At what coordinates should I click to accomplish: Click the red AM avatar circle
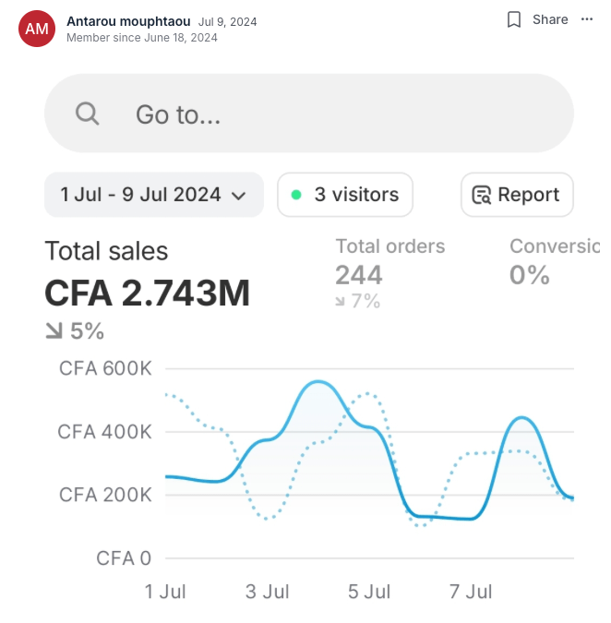point(37,29)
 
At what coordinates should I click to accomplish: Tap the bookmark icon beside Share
point(514,19)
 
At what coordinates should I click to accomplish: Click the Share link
point(550,19)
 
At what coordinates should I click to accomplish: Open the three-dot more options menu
point(587,19)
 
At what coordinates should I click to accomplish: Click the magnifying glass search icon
point(87,114)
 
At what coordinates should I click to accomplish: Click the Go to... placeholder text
point(178,114)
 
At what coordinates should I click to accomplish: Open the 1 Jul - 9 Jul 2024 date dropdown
point(154,195)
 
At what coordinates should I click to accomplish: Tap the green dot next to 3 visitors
point(296,195)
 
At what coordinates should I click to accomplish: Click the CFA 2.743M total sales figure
point(147,293)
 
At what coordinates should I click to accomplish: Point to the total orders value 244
point(359,275)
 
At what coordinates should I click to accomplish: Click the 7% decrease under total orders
point(358,301)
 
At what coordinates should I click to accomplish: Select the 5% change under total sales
point(75,331)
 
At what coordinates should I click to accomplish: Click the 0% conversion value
point(530,275)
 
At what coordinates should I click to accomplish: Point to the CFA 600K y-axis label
point(105,368)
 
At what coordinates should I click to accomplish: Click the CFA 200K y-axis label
point(105,495)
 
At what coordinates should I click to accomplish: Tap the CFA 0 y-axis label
point(124,558)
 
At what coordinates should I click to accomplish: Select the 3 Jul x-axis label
point(267,592)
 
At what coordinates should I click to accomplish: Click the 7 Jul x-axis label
point(471,592)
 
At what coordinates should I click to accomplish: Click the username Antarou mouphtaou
point(128,21)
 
